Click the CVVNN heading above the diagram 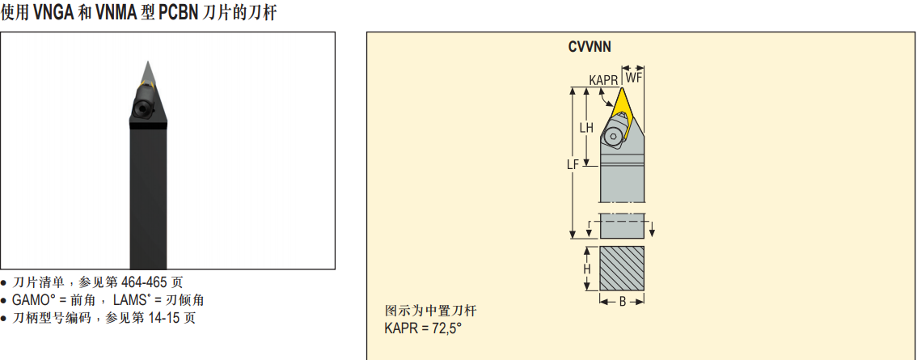589,48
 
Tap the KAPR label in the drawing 603,80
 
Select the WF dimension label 633,78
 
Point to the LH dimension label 586,128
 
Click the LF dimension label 573,165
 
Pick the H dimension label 586,269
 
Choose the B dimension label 623,302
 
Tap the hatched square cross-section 623,268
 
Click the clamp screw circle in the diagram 611,136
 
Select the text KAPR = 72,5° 423,328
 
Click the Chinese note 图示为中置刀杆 426,311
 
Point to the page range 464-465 144,282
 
